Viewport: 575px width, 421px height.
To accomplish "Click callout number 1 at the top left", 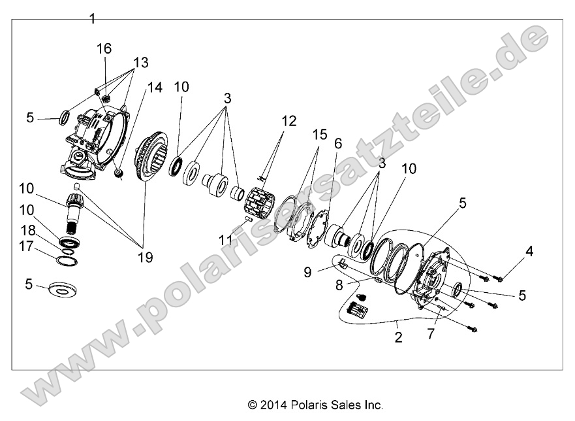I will click(92, 19).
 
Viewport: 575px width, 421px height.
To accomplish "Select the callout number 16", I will click(104, 48).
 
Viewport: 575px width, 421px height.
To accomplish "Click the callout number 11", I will click(226, 240).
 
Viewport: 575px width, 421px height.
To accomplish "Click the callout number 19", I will click(145, 257).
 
